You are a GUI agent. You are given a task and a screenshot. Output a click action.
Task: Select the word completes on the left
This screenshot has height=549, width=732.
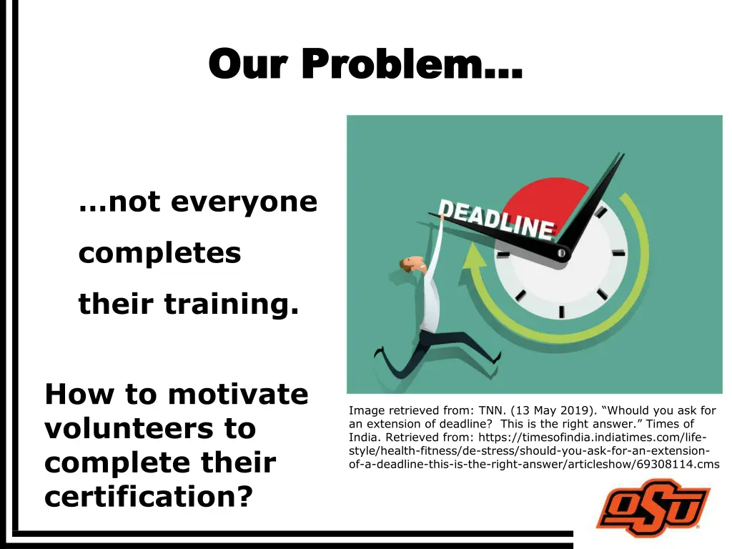click(x=159, y=253)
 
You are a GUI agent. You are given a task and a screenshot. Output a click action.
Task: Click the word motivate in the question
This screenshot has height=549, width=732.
click(x=237, y=394)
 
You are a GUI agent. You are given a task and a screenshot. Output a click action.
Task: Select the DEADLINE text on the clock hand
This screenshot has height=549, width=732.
click(x=496, y=219)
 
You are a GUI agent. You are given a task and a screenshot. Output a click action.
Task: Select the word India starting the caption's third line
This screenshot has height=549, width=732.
click(x=363, y=437)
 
